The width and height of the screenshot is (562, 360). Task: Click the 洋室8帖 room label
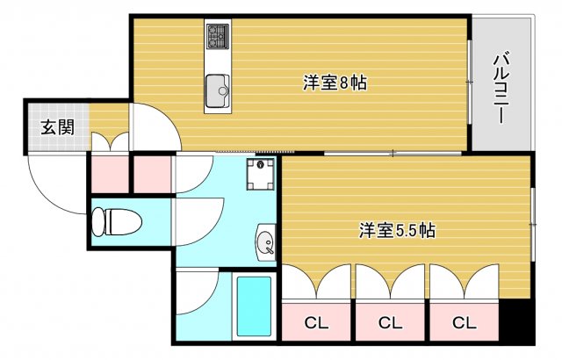click(335, 83)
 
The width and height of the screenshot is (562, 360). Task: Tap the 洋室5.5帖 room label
click(397, 230)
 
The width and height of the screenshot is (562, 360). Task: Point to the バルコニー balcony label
click(501, 88)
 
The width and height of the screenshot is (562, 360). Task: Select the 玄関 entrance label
click(57, 127)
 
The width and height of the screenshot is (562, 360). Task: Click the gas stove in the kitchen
click(218, 36)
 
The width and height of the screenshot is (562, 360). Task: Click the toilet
click(117, 222)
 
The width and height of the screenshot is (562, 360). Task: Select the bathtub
click(254, 306)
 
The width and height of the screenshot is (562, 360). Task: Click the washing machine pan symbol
click(261, 174)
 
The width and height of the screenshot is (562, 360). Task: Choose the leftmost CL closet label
click(316, 323)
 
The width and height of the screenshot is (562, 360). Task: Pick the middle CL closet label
click(390, 323)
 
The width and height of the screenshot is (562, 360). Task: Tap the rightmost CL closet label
click(465, 323)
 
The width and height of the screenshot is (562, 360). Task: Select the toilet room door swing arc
click(214, 229)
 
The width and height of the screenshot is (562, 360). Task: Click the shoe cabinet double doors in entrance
click(110, 142)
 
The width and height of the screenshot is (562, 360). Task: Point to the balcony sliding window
click(469, 82)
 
